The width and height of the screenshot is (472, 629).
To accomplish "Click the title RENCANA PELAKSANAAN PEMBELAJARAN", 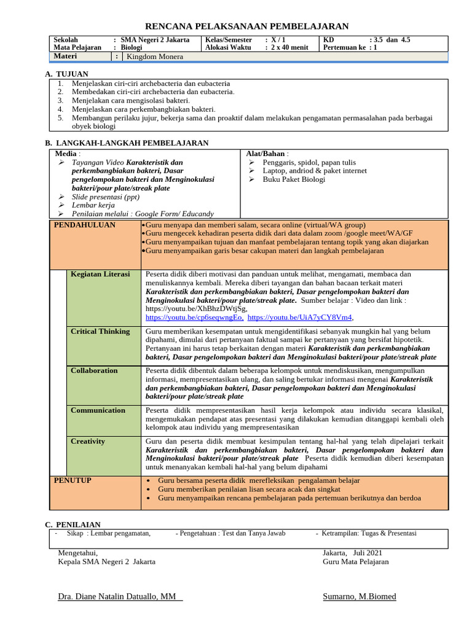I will coord(246,26).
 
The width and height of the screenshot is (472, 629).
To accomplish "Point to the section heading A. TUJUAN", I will coord(67,74).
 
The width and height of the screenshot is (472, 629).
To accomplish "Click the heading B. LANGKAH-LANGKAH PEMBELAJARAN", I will coord(127,143).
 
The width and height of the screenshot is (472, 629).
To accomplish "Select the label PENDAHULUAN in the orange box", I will coord(85,225).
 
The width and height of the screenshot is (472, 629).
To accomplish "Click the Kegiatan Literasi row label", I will coord(100,274).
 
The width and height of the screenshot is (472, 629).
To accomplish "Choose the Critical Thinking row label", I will coord(100,331).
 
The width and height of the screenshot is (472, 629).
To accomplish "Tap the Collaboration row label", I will coord(94,370).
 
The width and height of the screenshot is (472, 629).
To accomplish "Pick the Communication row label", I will coord(97,410).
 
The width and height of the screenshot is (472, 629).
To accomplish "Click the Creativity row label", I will coord(88,441).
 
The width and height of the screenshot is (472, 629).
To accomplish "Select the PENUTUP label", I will coord(73,480).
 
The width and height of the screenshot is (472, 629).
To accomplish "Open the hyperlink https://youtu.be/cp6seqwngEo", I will coord(194,318).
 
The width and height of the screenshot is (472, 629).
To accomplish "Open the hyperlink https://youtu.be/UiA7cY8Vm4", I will coord(300,318).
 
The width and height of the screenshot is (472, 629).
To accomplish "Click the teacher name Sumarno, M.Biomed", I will coord(360,596).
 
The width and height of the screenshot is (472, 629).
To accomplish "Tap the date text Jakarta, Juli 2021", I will coord(353,553).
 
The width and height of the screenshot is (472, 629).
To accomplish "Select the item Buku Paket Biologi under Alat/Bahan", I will coord(294,179).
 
